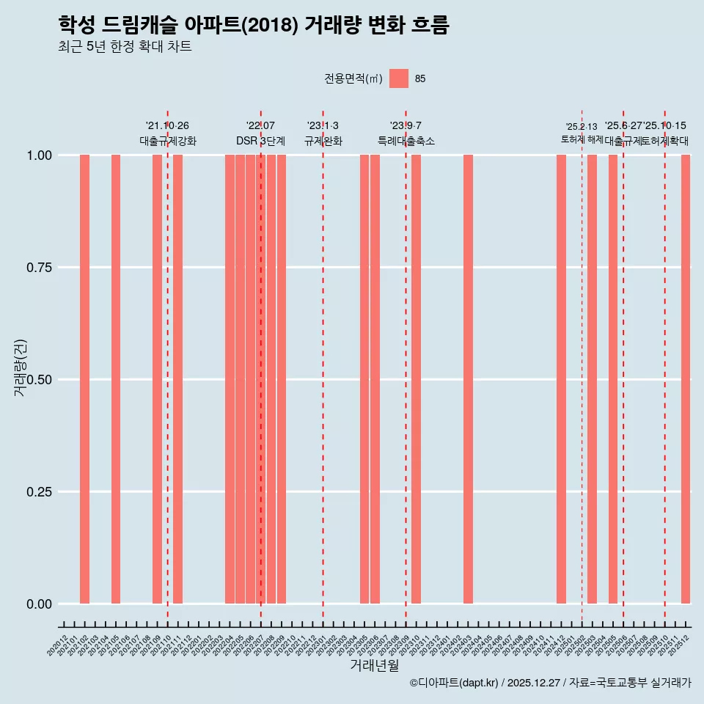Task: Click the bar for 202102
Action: [x=84, y=379]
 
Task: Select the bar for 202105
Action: [x=116, y=379]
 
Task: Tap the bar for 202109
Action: [x=157, y=379]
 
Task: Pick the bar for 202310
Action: [x=416, y=379]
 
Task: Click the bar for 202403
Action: [x=468, y=379]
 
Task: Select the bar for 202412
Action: [x=561, y=379]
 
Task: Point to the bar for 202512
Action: [x=686, y=379]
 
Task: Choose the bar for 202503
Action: [x=592, y=379]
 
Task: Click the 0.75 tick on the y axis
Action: [x=38, y=268]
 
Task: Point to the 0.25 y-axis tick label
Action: [x=38, y=492]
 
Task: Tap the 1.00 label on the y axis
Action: [x=38, y=155]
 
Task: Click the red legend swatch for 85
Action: [x=399, y=78]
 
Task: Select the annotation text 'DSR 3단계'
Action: [x=260, y=141]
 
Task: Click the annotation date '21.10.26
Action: [x=167, y=126]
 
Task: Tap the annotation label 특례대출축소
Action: [x=406, y=141]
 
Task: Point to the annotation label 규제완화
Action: [x=323, y=141]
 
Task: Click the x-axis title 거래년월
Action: [x=374, y=666]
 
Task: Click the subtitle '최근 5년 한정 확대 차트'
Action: [x=125, y=47]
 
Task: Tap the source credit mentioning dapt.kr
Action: [x=550, y=683]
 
